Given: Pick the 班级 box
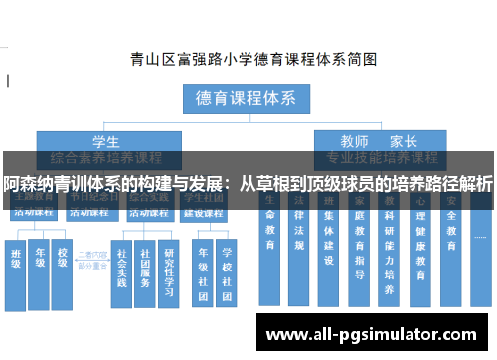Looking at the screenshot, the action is pyautogui.click(x=17, y=266).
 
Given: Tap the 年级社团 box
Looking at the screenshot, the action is pyautogui.click(x=203, y=269).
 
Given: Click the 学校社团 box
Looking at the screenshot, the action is pyautogui.click(x=227, y=269).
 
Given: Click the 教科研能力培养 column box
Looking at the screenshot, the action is pyautogui.click(x=390, y=254).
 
